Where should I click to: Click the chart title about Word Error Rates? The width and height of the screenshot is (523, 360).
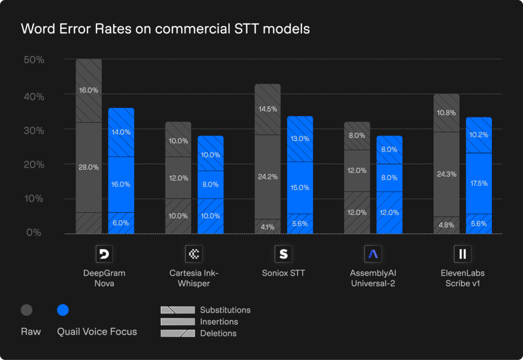(165, 29)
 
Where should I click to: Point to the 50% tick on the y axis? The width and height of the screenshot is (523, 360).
(34, 60)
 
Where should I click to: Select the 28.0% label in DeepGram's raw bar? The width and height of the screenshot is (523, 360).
(89, 167)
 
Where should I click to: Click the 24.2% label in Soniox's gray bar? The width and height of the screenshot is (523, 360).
(268, 177)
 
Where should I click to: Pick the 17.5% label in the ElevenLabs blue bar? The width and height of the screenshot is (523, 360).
(479, 183)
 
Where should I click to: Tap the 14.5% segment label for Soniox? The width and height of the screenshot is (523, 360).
(268, 109)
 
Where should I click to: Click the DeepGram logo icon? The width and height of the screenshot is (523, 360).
(104, 254)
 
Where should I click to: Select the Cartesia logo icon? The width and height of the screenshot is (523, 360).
(194, 254)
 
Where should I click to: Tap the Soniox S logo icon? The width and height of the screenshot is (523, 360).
(283, 254)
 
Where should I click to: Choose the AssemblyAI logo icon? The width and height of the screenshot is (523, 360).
(373, 254)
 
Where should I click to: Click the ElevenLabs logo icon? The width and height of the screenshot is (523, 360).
(462, 254)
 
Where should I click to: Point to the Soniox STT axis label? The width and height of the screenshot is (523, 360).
(283, 273)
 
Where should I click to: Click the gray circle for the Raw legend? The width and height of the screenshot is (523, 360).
(27, 310)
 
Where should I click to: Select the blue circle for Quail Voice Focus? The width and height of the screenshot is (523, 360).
(63, 310)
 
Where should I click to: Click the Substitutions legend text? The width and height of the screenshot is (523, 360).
(225, 310)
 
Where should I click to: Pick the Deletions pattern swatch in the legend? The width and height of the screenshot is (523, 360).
(177, 333)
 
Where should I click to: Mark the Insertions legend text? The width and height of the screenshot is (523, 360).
(219, 322)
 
